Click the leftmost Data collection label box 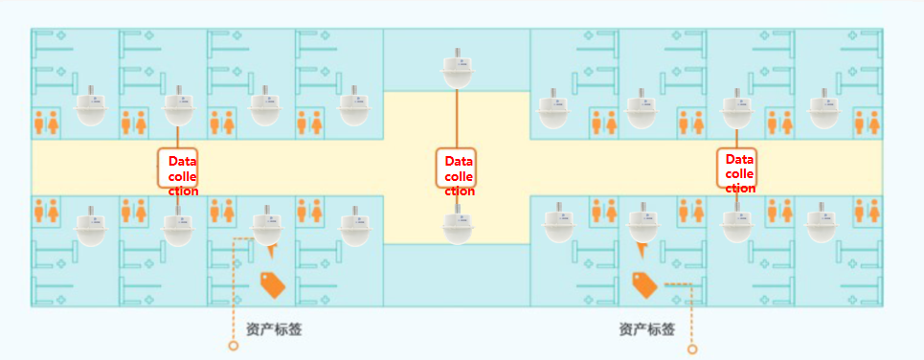[177, 169]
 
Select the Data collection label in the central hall [456, 169]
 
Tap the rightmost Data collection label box [737, 168]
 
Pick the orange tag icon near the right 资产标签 [642, 282]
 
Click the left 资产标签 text [274, 329]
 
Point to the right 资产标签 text [646, 329]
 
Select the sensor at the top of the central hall [457, 70]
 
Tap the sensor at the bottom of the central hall [457, 225]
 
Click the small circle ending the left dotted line [233, 346]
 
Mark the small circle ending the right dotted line [692, 349]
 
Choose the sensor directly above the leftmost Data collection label [177, 108]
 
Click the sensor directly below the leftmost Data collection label [177, 226]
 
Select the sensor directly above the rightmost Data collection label [735, 108]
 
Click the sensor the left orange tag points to [266, 226]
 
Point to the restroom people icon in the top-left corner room [47, 123]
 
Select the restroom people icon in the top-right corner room [868, 123]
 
